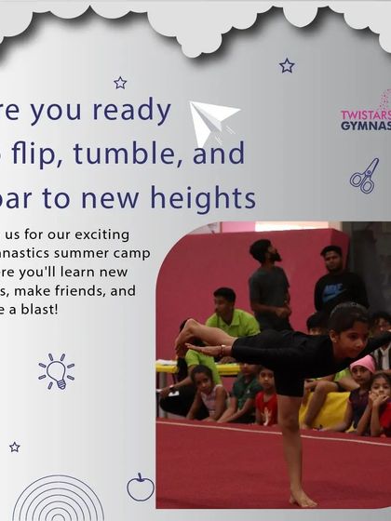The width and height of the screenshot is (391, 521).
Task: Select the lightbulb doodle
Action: tap(55, 370)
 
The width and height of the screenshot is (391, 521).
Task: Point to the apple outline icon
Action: tap(140, 487)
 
